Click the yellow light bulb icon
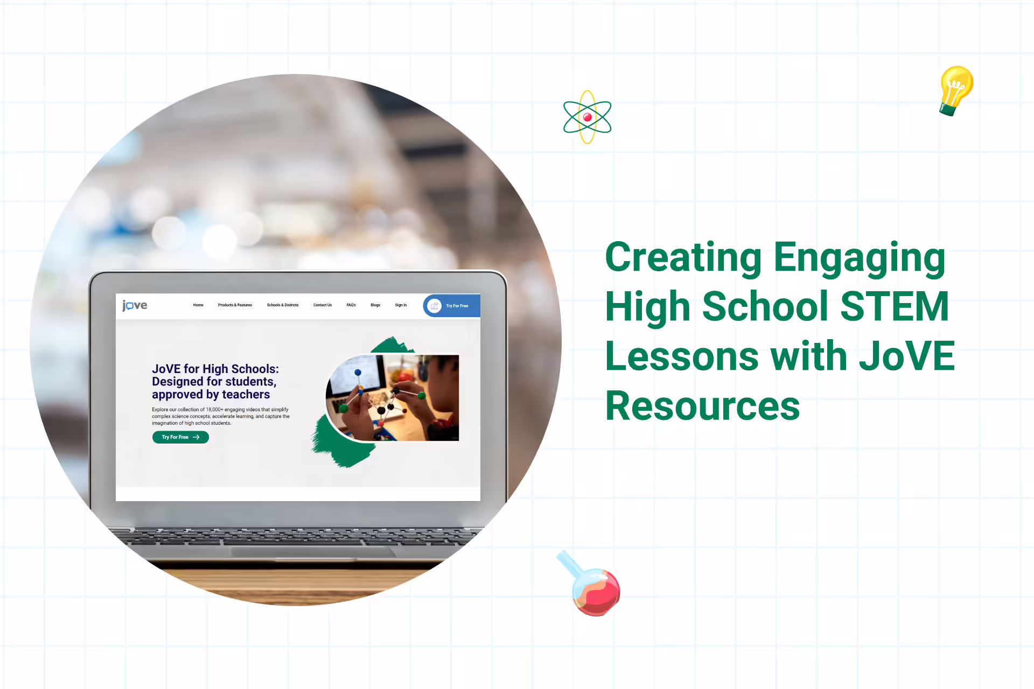pyautogui.click(x=956, y=90)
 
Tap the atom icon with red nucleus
pyautogui.click(x=587, y=117)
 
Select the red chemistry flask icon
pyautogui.click(x=591, y=585)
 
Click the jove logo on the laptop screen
pyautogui.click(x=135, y=306)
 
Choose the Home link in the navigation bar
pyautogui.click(x=198, y=305)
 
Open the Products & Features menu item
pyautogui.click(x=235, y=305)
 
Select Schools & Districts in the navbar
pyautogui.click(x=283, y=305)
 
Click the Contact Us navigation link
pyautogui.click(x=323, y=305)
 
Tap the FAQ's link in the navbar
pyautogui.click(x=351, y=305)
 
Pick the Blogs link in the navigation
pyautogui.click(x=375, y=305)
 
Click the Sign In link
pyautogui.click(x=401, y=305)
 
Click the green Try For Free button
pyautogui.click(x=180, y=437)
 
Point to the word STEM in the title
pyautogui.click(x=894, y=306)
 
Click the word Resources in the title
pyautogui.click(x=703, y=406)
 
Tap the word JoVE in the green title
pyautogui.click(x=907, y=356)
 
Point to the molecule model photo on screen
pyautogui.click(x=393, y=398)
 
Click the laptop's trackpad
pyautogui.click(x=312, y=552)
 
